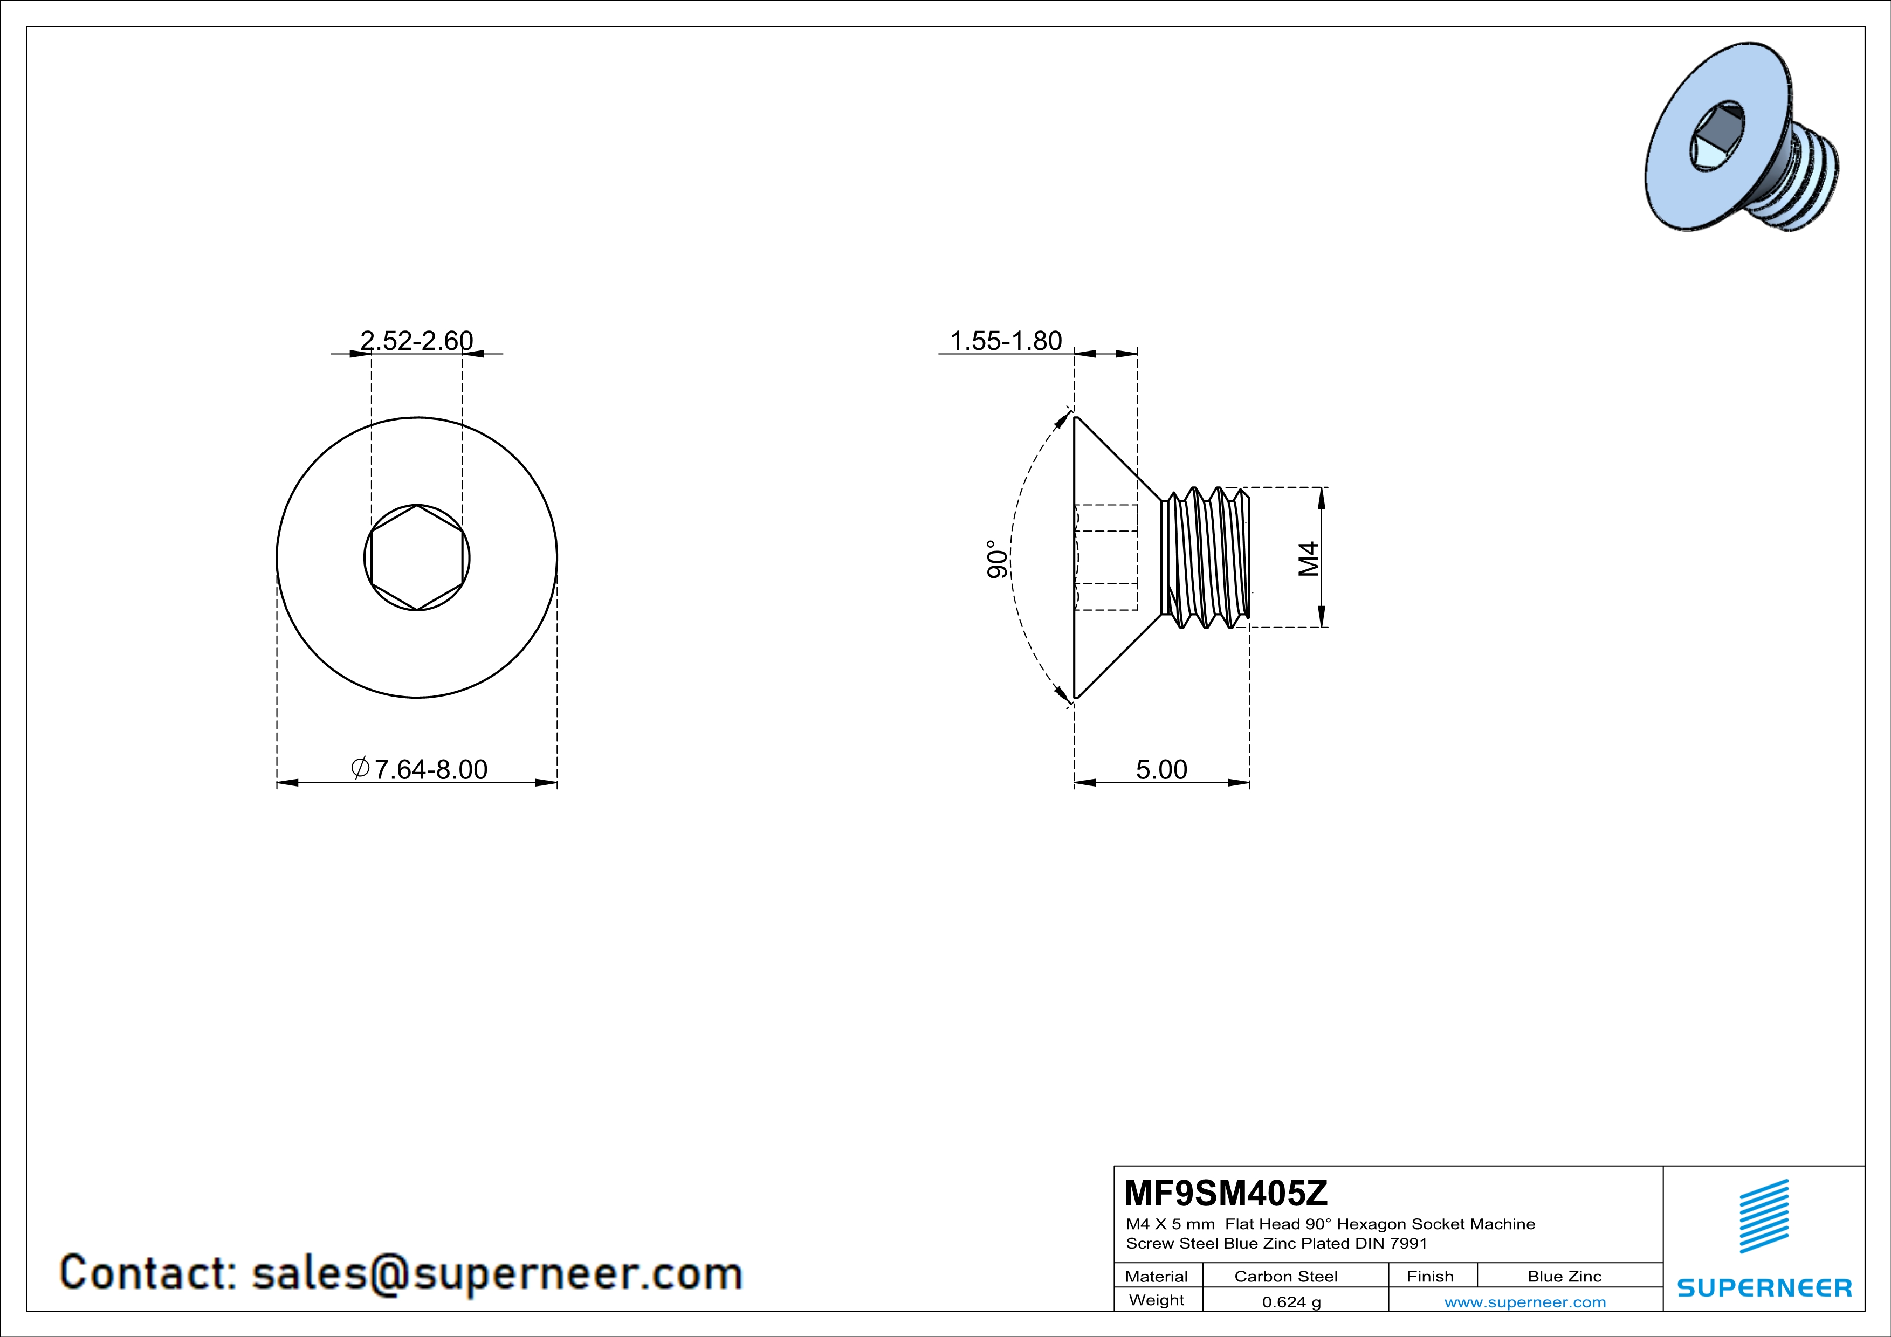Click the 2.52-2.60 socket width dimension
pos(417,341)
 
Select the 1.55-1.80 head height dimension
pos(1006,341)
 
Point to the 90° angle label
pos(998,559)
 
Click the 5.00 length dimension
pos(1161,770)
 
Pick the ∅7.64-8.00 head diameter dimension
pos(418,770)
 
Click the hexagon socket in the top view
pos(417,557)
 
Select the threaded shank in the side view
pos(1205,557)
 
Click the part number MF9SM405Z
pos(1226,1193)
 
